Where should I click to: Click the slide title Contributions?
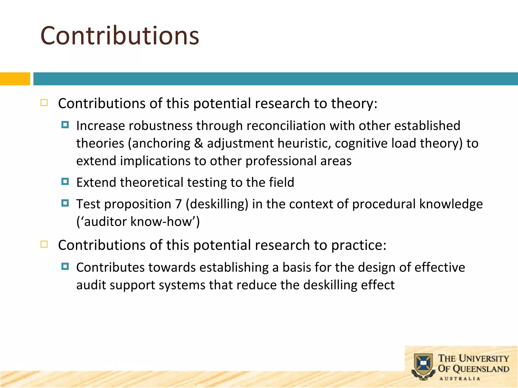(x=120, y=36)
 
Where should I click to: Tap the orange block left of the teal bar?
(x=15, y=79)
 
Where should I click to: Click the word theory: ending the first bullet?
(x=354, y=104)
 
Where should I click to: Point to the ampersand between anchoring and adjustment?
(x=199, y=143)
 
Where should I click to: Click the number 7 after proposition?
(x=178, y=204)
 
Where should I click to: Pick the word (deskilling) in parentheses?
(x=217, y=204)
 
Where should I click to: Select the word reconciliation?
(x=286, y=126)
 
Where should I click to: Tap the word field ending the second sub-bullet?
(x=282, y=182)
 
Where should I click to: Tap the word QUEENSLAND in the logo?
(x=481, y=369)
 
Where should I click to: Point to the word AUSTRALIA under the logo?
(x=460, y=379)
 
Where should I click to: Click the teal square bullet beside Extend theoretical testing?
(x=65, y=181)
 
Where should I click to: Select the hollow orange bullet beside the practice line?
(x=44, y=244)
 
